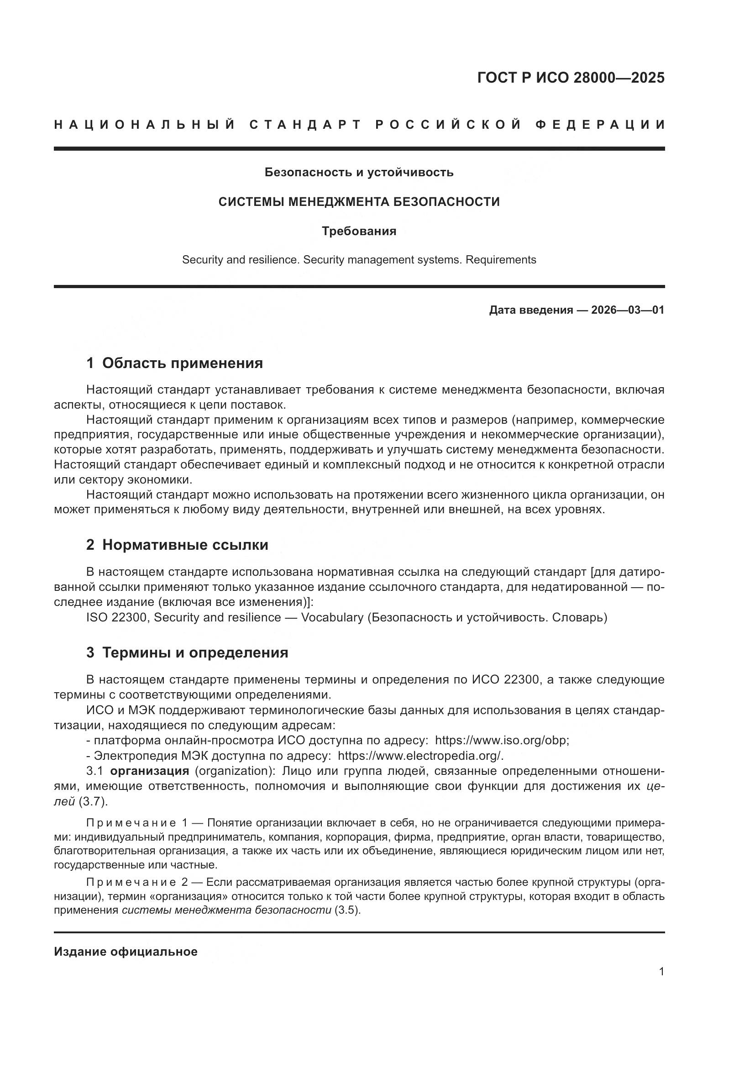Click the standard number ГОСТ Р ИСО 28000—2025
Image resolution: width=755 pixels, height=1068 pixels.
click(571, 78)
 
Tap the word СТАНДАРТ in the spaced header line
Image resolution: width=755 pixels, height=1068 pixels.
click(305, 125)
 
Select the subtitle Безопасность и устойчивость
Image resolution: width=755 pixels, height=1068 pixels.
click(359, 173)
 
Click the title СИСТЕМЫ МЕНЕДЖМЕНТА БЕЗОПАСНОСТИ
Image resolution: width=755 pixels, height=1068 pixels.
click(359, 202)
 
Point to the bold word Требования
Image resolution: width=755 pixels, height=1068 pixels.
click(359, 231)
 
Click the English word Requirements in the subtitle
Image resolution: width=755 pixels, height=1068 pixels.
click(501, 260)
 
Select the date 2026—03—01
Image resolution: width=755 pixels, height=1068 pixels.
click(628, 310)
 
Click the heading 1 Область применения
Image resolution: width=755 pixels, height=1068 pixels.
click(174, 363)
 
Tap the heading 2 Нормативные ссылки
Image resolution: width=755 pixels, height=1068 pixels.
click(177, 545)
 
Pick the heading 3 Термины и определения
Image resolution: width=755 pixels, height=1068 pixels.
click(187, 652)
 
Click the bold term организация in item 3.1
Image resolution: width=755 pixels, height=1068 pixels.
click(149, 771)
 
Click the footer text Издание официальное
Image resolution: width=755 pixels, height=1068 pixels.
click(126, 952)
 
